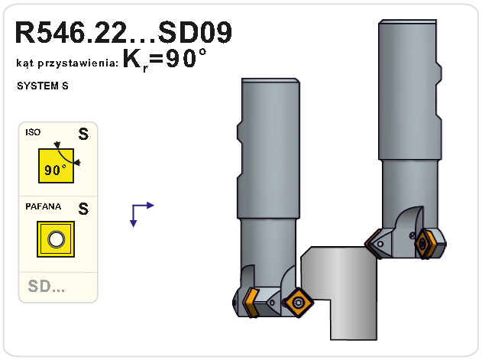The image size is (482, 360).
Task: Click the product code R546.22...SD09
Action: (x=123, y=32)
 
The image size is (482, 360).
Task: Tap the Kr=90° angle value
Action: (x=164, y=60)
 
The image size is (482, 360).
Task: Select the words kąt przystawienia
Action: (x=67, y=63)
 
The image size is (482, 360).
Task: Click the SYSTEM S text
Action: (x=43, y=86)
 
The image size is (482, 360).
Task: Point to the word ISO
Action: (x=33, y=132)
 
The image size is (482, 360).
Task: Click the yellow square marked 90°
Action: (x=56, y=166)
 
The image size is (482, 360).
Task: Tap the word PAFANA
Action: (x=44, y=206)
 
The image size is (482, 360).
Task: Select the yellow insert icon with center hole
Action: (x=56, y=239)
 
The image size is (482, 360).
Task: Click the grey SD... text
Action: (x=47, y=286)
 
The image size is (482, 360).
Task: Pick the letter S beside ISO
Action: (x=83, y=135)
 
